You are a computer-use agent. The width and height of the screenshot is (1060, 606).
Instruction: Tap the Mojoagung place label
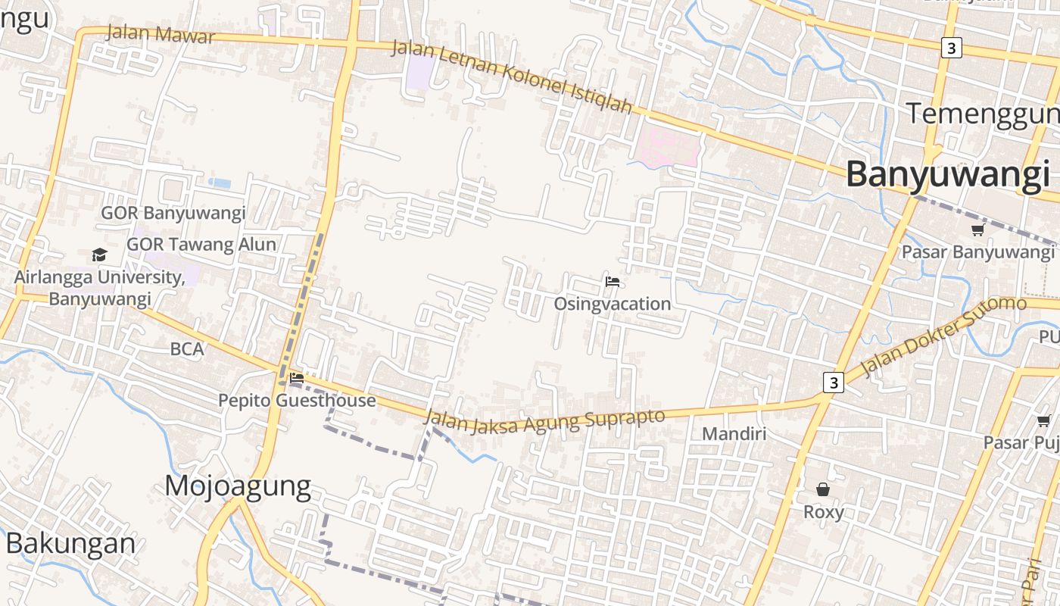[x=238, y=486]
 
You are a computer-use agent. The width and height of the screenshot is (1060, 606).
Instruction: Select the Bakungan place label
[x=71, y=543]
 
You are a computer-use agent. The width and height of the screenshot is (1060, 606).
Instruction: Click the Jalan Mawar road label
[x=161, y=33]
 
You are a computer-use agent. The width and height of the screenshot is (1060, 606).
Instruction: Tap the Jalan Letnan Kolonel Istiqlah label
[x=511, y=77]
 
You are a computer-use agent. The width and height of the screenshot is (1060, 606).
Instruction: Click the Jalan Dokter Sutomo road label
[x=944, y=334]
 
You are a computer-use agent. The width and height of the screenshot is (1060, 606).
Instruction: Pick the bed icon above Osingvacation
[x=613, y=283]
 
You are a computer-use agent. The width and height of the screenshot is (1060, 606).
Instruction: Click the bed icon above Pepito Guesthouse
[x=297, y=377]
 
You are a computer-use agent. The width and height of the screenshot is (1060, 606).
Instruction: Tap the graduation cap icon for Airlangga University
[x=99, y=255]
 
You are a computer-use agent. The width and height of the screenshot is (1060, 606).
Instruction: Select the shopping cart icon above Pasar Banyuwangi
[x=977, y=230]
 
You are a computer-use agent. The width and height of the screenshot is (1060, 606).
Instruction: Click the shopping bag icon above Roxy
[x=823, y=489]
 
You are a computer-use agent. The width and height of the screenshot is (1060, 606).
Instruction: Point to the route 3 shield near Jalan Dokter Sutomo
[x=834, y=383]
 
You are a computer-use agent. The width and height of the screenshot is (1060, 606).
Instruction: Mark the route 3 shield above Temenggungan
[x=952, y=48]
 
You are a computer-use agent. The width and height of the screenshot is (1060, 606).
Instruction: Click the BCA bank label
[x=187, y=349]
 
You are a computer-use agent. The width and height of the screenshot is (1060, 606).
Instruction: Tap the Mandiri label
[x=734, y=434]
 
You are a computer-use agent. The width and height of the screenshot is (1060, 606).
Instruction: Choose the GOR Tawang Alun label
[x=201, y=245]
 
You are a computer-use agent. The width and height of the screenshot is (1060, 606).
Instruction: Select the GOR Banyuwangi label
[x=173, y=213]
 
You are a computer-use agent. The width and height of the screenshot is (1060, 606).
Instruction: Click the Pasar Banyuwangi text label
[x=977, y=252]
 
